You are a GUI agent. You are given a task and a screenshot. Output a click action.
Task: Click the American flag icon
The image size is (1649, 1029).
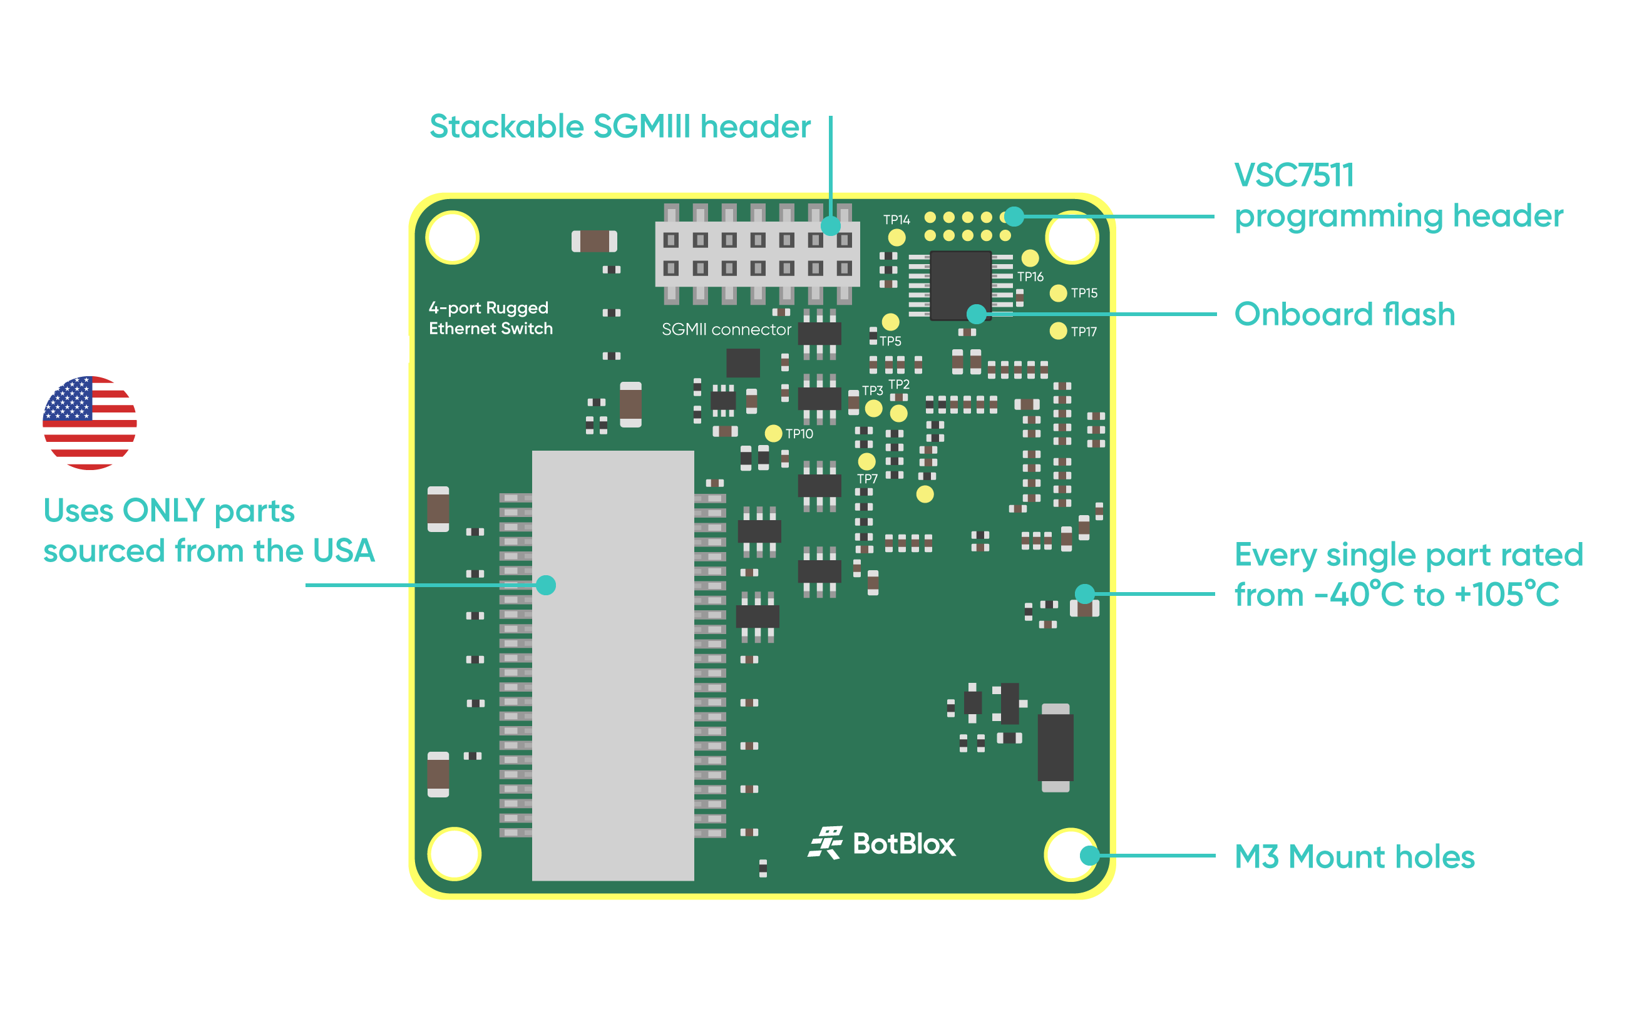coord(90,422)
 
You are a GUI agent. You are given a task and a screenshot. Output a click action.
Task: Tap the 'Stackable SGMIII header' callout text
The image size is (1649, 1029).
coord(620,127)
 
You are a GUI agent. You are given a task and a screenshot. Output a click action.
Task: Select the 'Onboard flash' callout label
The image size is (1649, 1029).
coord(1344,314)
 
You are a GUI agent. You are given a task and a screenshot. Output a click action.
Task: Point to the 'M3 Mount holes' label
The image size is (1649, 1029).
coord(1354,857)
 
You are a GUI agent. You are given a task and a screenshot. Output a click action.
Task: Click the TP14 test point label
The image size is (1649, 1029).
coord(896,220)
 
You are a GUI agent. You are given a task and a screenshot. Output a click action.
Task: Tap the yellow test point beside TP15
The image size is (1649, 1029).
coord(1057,294)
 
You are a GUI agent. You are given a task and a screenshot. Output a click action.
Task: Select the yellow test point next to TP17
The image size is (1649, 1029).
coord(1057,332)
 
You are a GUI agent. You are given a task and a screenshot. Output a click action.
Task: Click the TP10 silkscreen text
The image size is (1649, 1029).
coord(799,434)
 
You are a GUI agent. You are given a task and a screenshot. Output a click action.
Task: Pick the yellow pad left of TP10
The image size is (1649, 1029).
coord(773,434)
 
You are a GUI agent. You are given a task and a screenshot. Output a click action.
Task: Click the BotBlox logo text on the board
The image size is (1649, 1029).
coord(903,844)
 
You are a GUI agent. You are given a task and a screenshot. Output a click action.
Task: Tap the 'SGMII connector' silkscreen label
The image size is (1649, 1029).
coord(726,330)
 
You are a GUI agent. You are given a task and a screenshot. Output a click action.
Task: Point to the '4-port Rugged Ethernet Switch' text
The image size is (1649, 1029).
coord(490,319)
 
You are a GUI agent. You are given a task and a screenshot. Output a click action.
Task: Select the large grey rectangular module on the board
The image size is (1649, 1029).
coord(612,665)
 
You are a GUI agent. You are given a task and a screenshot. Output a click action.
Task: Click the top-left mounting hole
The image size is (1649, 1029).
coord(453,237)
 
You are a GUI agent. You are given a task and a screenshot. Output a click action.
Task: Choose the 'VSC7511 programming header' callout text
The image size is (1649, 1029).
coord(1398,196)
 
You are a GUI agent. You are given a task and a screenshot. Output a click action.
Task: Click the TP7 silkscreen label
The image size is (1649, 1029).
coord(867,479)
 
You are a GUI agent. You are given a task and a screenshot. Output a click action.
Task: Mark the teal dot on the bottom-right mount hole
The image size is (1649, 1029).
coord(1089,856)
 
